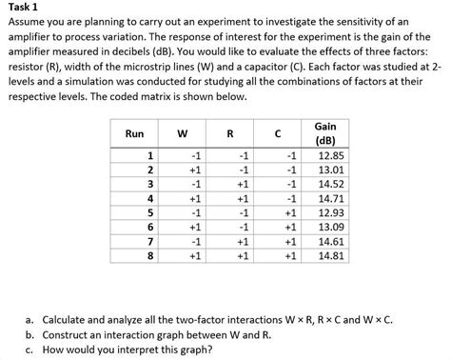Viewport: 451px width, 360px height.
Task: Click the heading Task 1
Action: (20, 9)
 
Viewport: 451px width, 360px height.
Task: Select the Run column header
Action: (133, 133)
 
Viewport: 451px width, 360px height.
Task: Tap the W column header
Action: (193, 133)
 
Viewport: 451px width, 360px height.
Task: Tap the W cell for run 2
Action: (194, 170)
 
